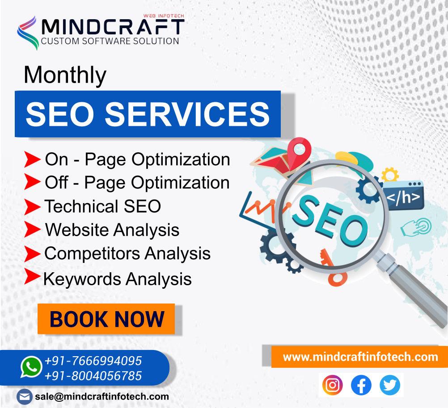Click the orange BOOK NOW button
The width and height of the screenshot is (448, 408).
[106, 319]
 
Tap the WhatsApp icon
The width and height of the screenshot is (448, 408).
[31, 367]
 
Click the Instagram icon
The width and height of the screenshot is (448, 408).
[332, 385]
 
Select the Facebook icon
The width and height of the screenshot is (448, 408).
[361, 385]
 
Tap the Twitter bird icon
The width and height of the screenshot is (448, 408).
[390, 385]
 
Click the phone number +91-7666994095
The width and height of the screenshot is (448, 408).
[93, 361]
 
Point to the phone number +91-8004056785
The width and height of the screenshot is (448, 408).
[93, 375]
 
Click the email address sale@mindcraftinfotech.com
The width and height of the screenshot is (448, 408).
[101, 396]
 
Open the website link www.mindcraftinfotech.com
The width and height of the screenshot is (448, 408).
[360, 357]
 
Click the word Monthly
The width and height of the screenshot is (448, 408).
[65, 75]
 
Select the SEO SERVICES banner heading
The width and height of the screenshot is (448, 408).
[148, 114]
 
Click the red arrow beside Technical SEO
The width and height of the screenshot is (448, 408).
[32, 207]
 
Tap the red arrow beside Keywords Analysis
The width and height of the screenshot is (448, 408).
[32, 276]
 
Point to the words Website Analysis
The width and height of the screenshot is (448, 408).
[112, 230]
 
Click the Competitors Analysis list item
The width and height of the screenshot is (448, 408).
[127, 254]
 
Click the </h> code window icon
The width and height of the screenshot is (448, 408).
[403, 196]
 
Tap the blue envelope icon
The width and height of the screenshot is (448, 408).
[25, 396]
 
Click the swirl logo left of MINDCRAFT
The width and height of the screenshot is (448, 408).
[27, 33]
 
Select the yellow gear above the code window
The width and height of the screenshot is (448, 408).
[390, 175]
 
